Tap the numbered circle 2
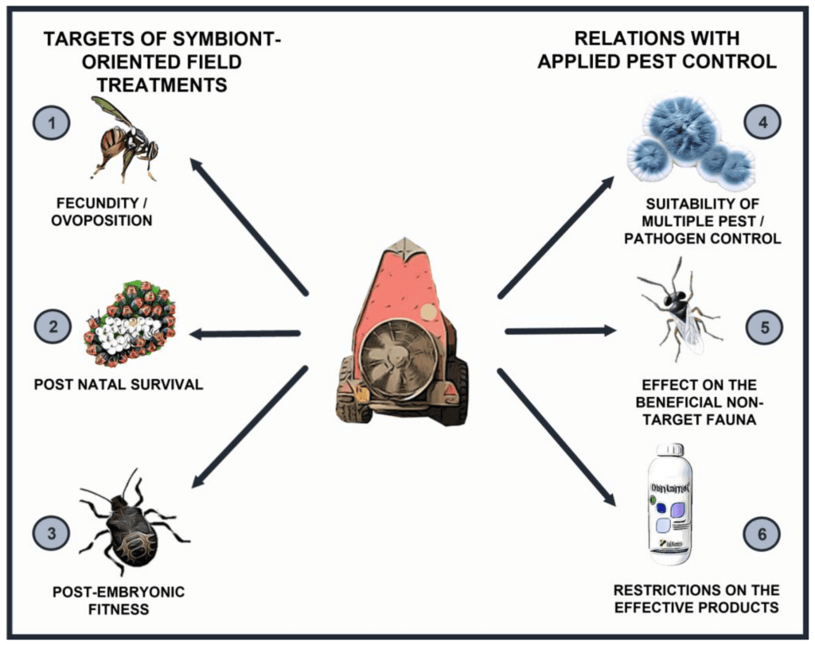(51, 326)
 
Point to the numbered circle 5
(762, 326)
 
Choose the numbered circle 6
(762, 534)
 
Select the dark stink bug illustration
(131, 525)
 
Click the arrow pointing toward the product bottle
(557, 437)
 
